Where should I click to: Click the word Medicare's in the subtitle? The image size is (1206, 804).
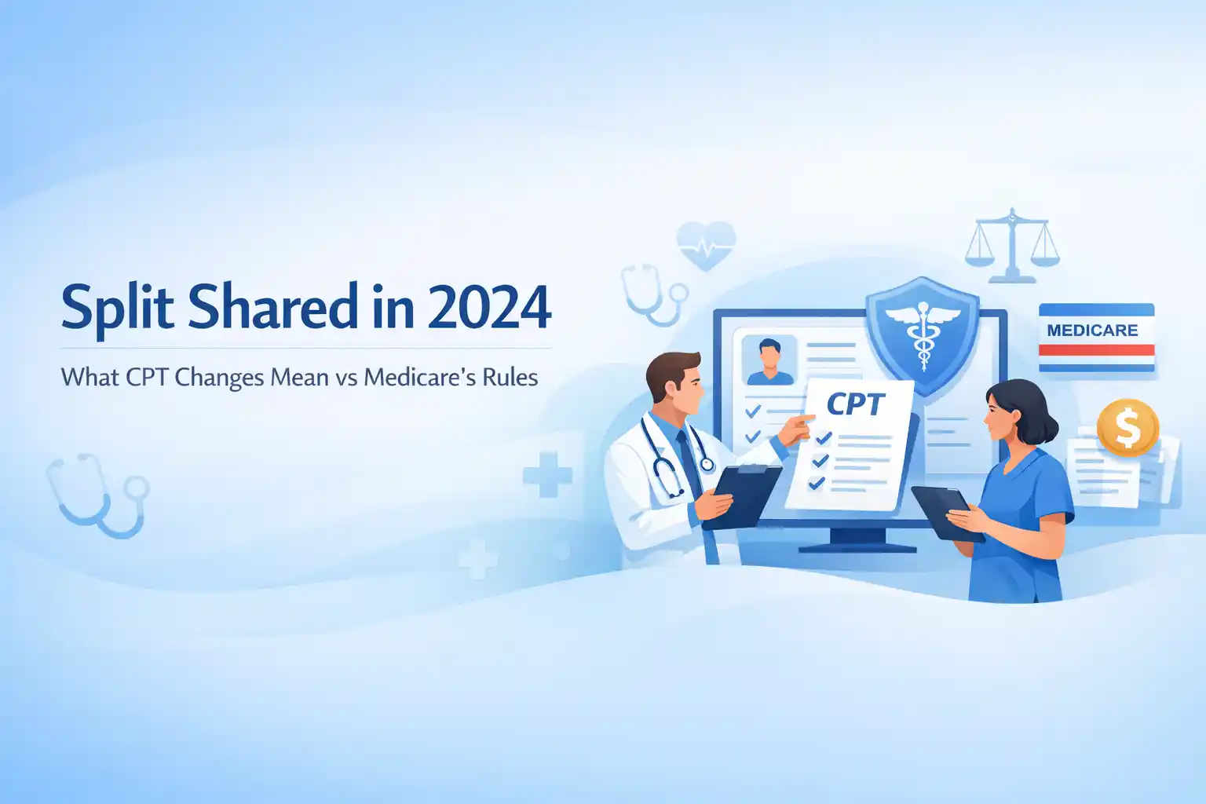click(418, 377)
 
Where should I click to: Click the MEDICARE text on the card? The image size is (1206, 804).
click(1092, 330)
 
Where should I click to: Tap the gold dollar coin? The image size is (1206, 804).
click(1127, 428)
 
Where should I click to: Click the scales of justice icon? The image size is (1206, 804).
click(1012, 246)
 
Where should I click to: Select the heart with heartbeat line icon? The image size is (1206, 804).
click(706, 246)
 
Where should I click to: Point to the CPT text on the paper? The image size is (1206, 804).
click(856, 404)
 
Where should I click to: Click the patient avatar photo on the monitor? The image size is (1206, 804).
click(770, 360)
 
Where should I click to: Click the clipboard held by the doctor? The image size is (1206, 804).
click(744, 495)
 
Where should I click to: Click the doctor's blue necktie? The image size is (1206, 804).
click(689, 464)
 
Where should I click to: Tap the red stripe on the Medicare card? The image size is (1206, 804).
click(1097, 350)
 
